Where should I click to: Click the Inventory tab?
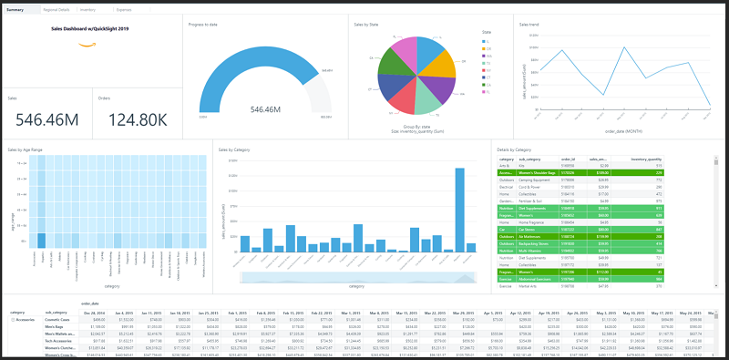87,9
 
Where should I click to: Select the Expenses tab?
123,9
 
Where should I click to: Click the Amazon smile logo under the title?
87,42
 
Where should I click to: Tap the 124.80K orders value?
138,119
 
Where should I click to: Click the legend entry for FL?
488,39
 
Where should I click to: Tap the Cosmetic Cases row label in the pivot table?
57,319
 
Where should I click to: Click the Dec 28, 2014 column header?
97,312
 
